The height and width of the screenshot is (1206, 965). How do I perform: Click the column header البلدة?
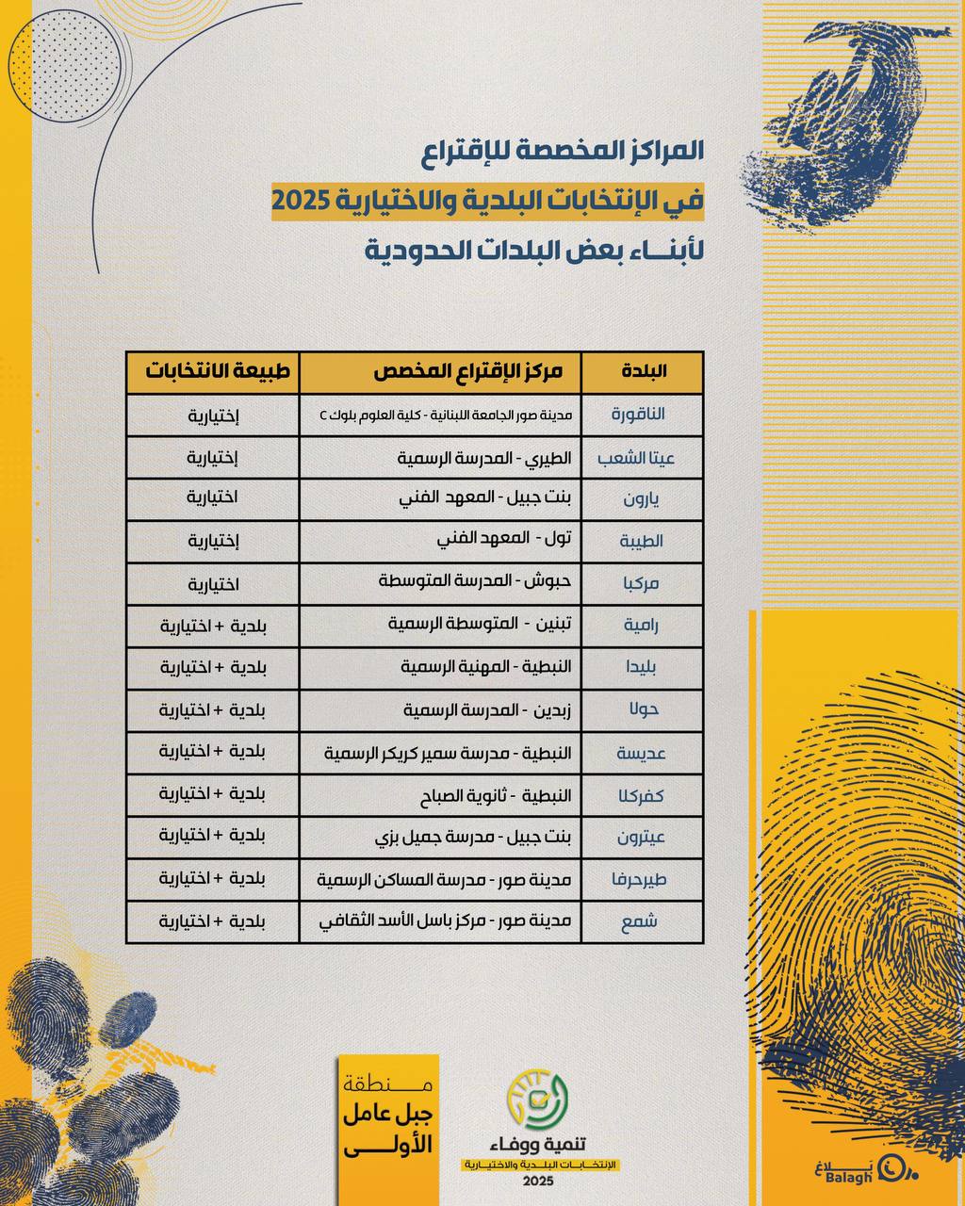[645, 371]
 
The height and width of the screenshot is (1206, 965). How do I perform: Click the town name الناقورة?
[638, 414]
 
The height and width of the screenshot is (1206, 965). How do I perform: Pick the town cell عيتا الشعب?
[636, 458]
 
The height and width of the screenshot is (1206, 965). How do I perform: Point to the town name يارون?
[641, 499]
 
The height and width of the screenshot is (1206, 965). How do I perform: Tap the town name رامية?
[641, 625]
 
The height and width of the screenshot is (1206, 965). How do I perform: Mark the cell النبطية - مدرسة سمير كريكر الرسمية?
[449, 752]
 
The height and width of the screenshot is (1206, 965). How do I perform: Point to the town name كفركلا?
[641, 795]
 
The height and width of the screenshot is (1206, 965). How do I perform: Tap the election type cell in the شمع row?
[213, 921]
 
